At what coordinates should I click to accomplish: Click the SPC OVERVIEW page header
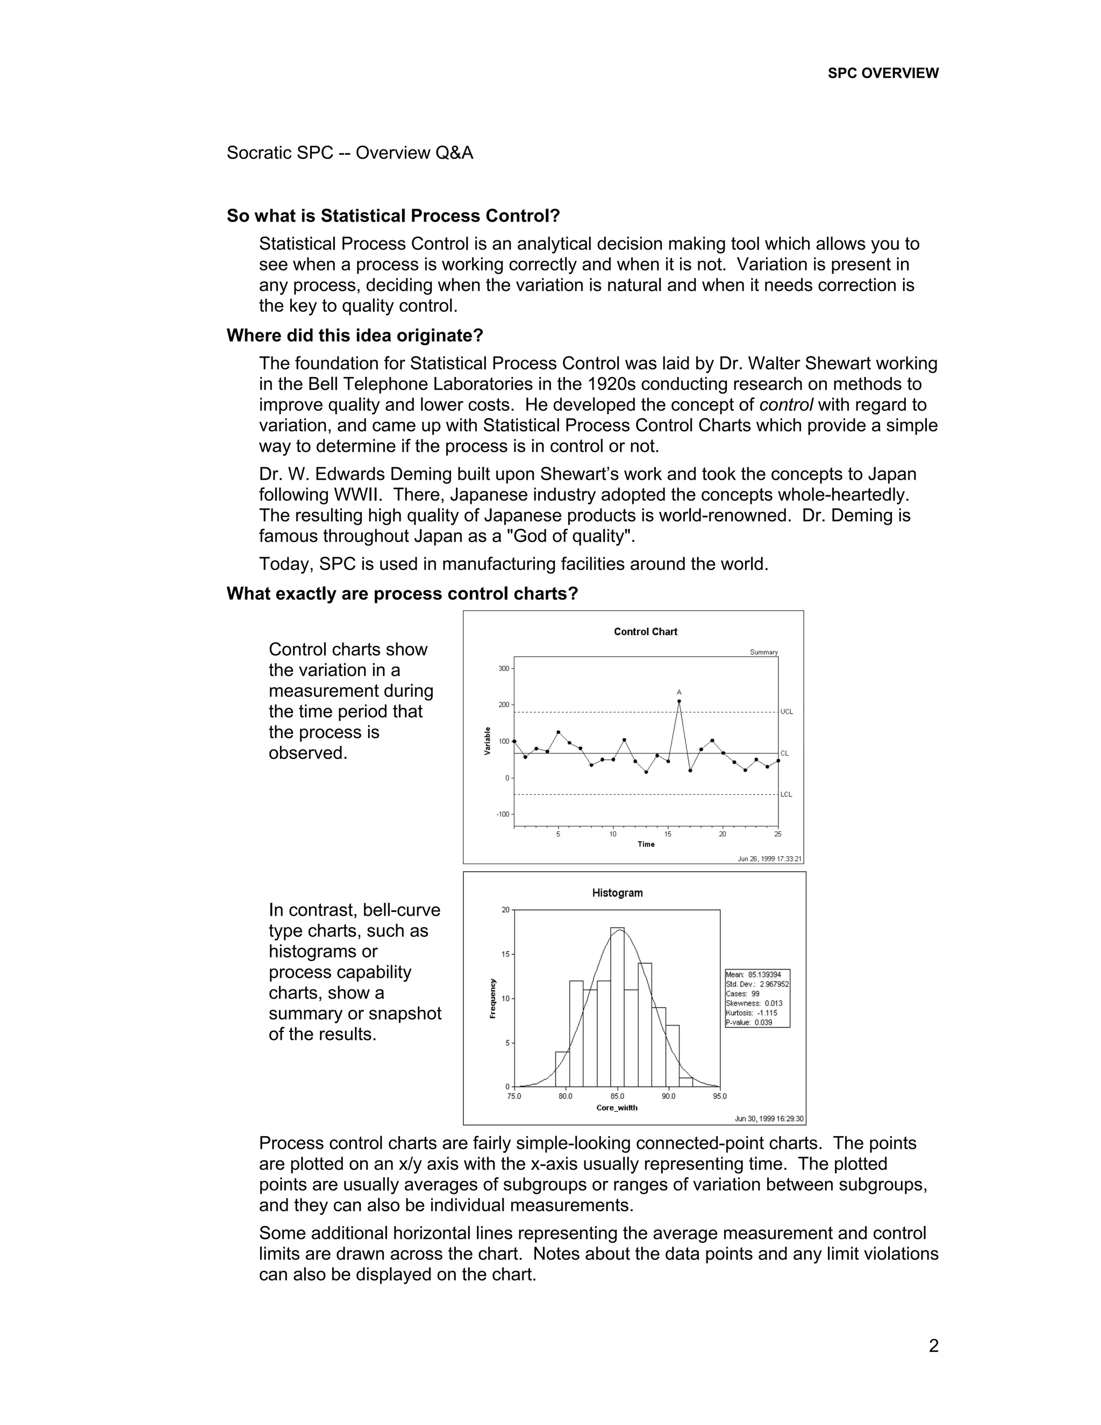tap(883, 73)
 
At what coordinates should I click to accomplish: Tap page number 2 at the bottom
tap(933, 1346)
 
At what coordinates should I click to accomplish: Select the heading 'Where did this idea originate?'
tap(354, 336)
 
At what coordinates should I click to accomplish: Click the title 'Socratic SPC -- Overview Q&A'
tap(349, 153)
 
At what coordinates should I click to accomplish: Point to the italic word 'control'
tap(786, 404)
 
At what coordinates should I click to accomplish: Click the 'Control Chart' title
tap(645, 632)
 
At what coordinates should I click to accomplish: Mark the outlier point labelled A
tap(679, 701)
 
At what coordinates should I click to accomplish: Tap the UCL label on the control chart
tap(787, 712)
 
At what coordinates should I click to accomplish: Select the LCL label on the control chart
tap(786, 794)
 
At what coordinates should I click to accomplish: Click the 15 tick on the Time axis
tap(668, 834)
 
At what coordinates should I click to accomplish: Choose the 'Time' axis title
tap(646, 844)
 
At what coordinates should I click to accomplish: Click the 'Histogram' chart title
tap(617, 893)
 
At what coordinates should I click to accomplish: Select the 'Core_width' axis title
tap(617, 1108)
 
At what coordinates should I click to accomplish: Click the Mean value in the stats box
tap(753, 975)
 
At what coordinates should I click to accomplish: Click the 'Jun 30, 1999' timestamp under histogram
tap(769, 1118)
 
